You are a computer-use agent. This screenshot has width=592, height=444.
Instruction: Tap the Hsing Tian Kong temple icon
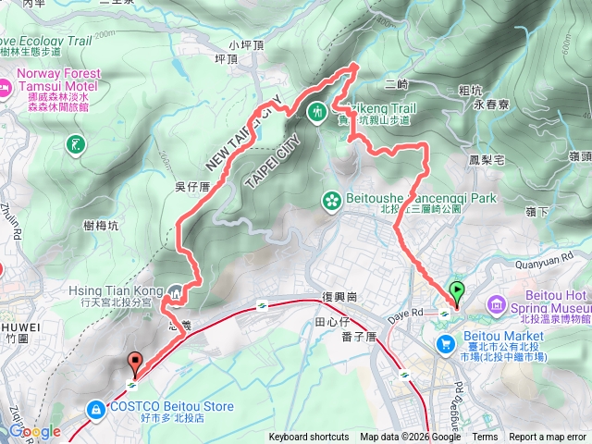click(x=177, y=292)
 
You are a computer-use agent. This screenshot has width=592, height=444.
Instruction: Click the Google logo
click(x=34, y=431)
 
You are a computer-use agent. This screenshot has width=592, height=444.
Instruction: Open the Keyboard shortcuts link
click(x=309, y=438)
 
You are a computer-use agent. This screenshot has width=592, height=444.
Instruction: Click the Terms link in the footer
click(x=485, y=438)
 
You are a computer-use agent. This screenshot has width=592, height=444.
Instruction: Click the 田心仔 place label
click(x=331, y=322)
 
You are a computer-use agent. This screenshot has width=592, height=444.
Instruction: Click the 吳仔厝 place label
click(x=193, y=187)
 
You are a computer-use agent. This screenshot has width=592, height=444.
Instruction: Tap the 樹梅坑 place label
click(x=101, y=225)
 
